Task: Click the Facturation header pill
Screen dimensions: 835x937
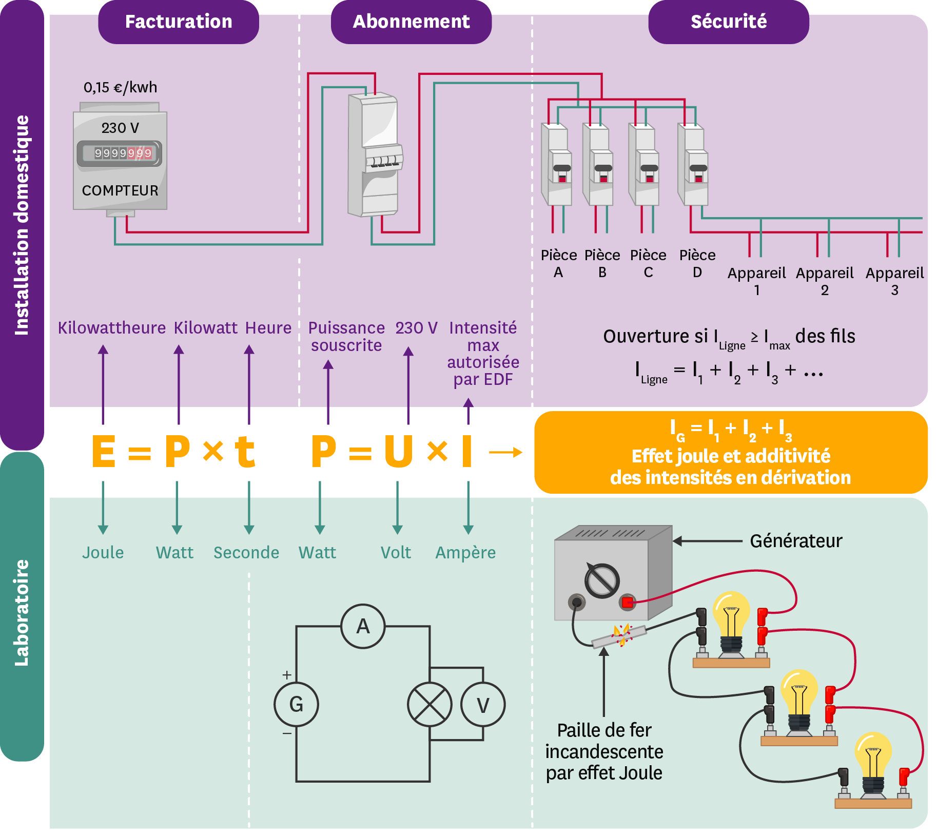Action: click(178, 22)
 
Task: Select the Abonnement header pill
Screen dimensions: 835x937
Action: click(411, 22)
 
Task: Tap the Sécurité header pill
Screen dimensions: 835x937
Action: click(728, 22)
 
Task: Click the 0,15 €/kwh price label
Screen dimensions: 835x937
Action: click(120, 87)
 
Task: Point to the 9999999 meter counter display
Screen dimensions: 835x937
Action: click(123, 153)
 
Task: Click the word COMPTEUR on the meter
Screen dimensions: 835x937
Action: click(120, 190)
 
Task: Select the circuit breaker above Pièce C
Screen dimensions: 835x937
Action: click(644, 164)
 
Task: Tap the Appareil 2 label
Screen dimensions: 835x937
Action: click(824, 281)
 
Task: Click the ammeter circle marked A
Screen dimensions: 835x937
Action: click(363, 626)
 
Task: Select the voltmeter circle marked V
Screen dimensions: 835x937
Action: click(482, 705)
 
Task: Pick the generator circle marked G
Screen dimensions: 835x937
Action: click(296, 704)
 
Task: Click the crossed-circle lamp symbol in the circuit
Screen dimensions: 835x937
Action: click(430, 704)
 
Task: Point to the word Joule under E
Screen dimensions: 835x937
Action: click(103, 553)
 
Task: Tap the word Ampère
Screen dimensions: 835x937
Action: click(465, 553)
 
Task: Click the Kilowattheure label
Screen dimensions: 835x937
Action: click(111, 328)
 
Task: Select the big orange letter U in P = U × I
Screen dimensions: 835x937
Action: click(399, 452)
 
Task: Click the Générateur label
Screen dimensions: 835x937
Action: click(795, 541)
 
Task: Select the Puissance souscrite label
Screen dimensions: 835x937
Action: click(346, 336)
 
